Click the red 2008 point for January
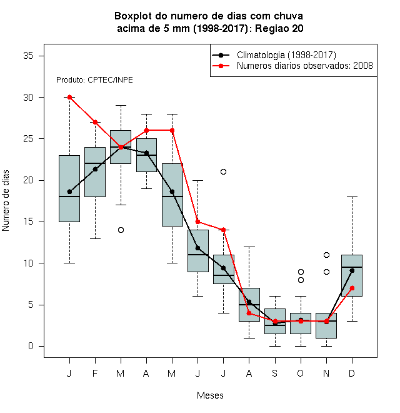[x=69, y=97]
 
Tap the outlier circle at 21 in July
[x=223, y=171]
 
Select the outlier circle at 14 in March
[x=121, y=230]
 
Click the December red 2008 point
[x=352, y=288]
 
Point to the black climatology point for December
[x=352, y=270]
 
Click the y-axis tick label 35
[x=28, y=56]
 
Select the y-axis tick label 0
[x=31, y=346]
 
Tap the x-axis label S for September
[x=275, y=373]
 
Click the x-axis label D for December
[x=352, y=373]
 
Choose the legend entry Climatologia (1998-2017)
[x=286, y=55]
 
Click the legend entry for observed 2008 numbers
[x=305, y=65]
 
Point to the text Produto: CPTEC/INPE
[x=94, y=80]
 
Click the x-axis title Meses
[x=210, y=395]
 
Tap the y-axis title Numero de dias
[x=6, y=201]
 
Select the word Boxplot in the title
[x=133, y=16]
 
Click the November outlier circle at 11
[x=327, y=255]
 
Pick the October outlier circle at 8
[x=301, y=280]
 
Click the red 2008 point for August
[x=249, y=313]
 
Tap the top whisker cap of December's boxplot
[x=352, y=196]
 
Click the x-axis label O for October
[x=300, y=373]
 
